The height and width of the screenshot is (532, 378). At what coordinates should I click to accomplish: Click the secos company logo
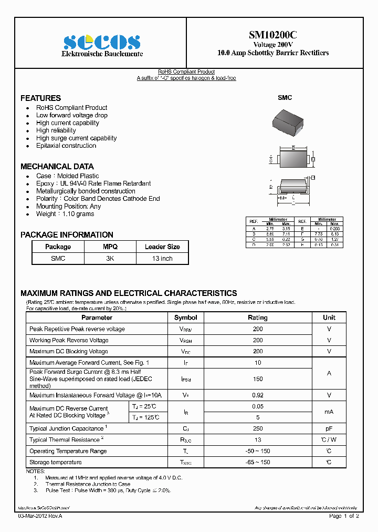(x=101, y=42)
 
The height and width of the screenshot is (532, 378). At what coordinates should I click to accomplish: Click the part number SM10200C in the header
(x=272, y=35)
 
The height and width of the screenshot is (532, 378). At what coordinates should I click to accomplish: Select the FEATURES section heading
(x=40, y=98)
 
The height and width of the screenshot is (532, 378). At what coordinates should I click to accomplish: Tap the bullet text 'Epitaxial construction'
(x=66, y=146)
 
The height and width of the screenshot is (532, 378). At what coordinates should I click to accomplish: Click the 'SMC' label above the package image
(x=285, y=98)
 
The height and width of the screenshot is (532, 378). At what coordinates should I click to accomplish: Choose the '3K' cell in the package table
(x=110, y=259)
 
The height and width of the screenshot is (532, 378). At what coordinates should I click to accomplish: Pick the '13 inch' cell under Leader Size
(x=162, y=259)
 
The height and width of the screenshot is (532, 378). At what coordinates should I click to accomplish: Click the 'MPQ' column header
(x=110, y=247)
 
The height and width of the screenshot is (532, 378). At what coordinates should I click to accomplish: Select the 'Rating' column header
(x=257, y=318)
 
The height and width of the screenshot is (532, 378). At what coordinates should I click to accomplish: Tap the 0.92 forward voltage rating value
(x=257, y=395)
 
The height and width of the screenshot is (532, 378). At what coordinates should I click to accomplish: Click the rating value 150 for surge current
(x=257, y=378)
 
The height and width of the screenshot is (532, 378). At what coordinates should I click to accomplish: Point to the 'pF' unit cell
(x=329, y=429)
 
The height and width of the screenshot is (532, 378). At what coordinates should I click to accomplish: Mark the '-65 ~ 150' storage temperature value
(x=257, y=462)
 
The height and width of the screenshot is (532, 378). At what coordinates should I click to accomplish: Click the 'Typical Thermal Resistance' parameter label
(x=65, y=440)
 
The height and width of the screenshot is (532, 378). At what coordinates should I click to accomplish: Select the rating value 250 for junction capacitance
(x=257, y=429)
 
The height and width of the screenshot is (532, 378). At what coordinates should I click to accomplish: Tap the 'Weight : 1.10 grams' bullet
(x=65, y=214)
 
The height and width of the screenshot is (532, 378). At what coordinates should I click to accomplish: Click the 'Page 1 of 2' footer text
(x=344, y=516)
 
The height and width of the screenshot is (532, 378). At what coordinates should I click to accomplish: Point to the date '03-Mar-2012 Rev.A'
(x=40, y=516)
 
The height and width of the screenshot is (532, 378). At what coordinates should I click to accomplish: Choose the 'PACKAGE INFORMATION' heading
(x=67, y=235)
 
